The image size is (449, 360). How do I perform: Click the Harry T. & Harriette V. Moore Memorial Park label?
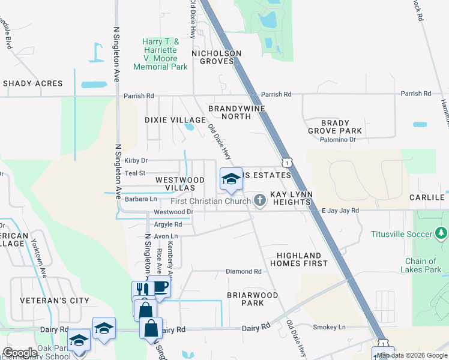coord(160,54)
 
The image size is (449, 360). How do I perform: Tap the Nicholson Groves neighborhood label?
coord(216,57)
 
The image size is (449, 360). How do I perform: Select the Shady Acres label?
coord(32,83)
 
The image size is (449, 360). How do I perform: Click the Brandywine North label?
coord(229,112)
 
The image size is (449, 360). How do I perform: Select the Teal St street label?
coord(134,173)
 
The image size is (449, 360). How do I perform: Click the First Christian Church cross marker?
coord(260,200)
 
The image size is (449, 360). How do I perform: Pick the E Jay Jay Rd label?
coord(340,211)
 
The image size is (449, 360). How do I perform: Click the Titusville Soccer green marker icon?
coord(442,232)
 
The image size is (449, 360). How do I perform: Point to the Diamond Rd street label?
coord(244,271)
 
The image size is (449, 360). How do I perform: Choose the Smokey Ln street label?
coord(330,327)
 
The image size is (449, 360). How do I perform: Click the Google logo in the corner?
coord(20,352)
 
